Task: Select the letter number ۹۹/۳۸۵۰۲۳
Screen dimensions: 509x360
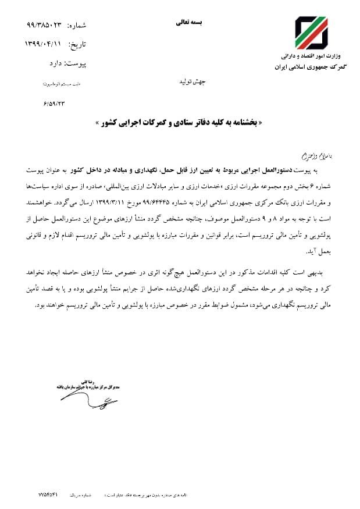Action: tap(45, 26)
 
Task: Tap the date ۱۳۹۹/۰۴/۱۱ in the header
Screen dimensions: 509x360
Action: tap(44, 44)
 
